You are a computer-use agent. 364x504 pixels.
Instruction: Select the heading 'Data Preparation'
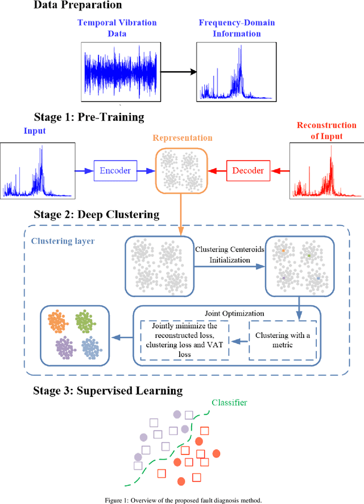[x=78, y=6]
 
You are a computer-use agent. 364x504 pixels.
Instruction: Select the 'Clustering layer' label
[x=63, y=241]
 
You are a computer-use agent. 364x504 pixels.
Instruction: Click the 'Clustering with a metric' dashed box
[x=283, y=339]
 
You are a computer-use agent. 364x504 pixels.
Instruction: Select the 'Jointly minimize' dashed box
[x=184, y=339]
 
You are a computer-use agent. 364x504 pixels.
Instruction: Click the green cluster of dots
[x=85, y=322]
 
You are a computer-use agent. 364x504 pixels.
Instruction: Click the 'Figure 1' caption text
[x=181, y=500]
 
